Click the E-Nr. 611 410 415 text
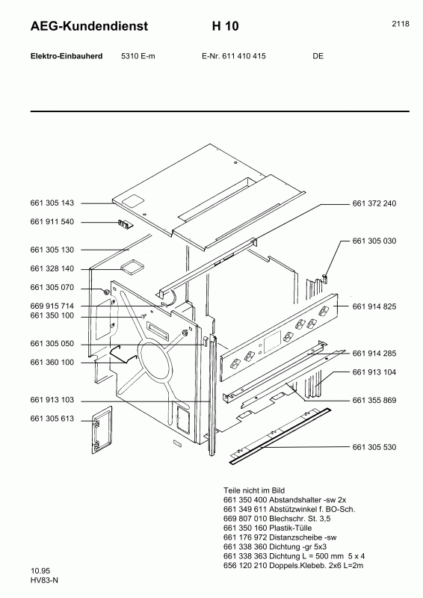[x=234, y=56]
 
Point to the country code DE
[x=318, y=56]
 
